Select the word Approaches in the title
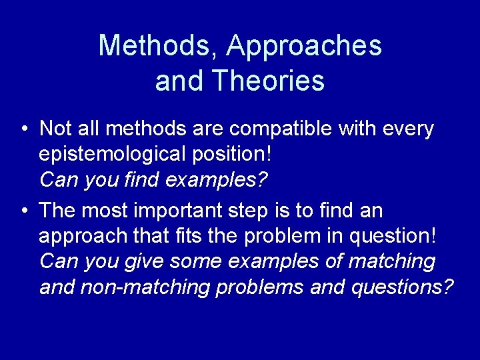(x=304, y=45)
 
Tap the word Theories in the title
(x=268, y=81)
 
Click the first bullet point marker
(x=24, y=129)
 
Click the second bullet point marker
(x=24, y=211)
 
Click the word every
(x=408, y=128)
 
